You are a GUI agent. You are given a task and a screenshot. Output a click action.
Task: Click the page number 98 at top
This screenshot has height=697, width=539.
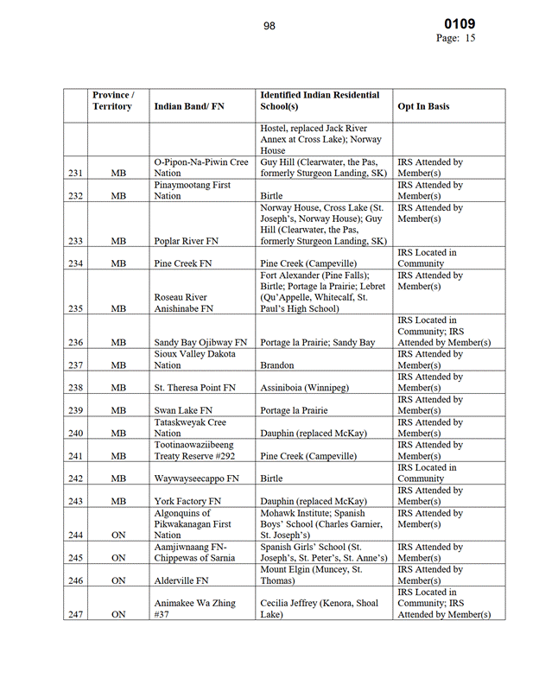click(x=269, y=27)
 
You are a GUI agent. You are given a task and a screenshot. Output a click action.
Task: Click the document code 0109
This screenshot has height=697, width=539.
click(x=460, y=24)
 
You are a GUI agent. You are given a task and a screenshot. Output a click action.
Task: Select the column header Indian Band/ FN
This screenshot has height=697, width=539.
click(x=189, y=107)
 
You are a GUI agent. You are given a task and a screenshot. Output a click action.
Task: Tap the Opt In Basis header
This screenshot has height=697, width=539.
click(x=423, y=107)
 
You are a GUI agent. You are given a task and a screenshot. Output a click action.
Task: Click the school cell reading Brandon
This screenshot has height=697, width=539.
click(x=277, y=365)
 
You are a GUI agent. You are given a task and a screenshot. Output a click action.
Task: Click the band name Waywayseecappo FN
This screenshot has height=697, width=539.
click(x=197, y=478)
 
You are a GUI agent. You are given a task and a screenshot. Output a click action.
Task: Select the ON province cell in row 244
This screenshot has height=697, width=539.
click(x=118, y=535)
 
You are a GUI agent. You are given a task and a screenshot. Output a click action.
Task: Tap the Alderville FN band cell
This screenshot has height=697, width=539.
click(x=181, y=580)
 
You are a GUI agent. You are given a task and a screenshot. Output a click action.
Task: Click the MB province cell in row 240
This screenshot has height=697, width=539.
click(x=118, y=433)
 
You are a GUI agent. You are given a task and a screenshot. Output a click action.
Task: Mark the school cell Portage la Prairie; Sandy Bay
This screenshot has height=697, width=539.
click(x=318, y=343)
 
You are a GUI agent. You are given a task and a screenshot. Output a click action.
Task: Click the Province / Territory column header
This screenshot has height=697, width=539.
click(x=112, y=100)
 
